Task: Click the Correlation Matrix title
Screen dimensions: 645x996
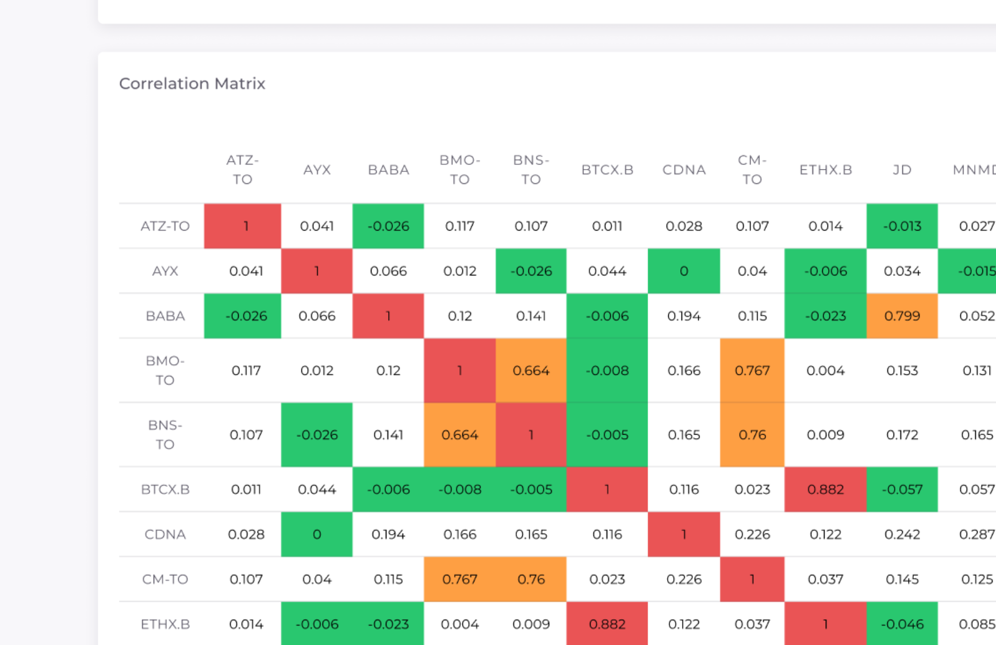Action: (x=192, y=84)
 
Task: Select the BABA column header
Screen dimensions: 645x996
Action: (x=388, y=170)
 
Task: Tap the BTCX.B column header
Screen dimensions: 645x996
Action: (x=607, y=170)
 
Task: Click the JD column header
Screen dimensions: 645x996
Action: (x=902, y=170)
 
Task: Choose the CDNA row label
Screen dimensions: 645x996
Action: (x=165, y=535)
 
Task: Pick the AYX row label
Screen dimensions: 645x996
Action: (x=165, y=271)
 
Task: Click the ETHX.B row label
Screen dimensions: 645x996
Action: (x=165, y=624)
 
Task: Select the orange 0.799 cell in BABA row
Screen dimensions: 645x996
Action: (x=902, y=316)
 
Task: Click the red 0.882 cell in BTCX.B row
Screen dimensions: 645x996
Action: (x=825, y=490)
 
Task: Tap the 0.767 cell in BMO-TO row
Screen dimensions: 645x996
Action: (x=752, y=371)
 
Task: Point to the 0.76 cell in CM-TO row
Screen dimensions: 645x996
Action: (x=531, y=579)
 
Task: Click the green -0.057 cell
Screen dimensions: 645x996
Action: (x=902, y=490)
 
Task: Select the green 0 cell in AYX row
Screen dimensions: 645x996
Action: (x=683, y=271)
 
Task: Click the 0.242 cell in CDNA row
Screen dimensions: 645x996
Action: (x=902, y=535)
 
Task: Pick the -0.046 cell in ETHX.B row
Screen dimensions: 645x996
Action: (x=902, y=624)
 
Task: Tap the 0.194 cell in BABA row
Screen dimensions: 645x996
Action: (x=683, y=316)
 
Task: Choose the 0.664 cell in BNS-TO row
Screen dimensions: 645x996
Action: (x=459, y=435)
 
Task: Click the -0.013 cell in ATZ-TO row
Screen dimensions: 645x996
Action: (x=902, y=226)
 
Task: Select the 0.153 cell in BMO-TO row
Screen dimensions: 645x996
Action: (x=902, y=371)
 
